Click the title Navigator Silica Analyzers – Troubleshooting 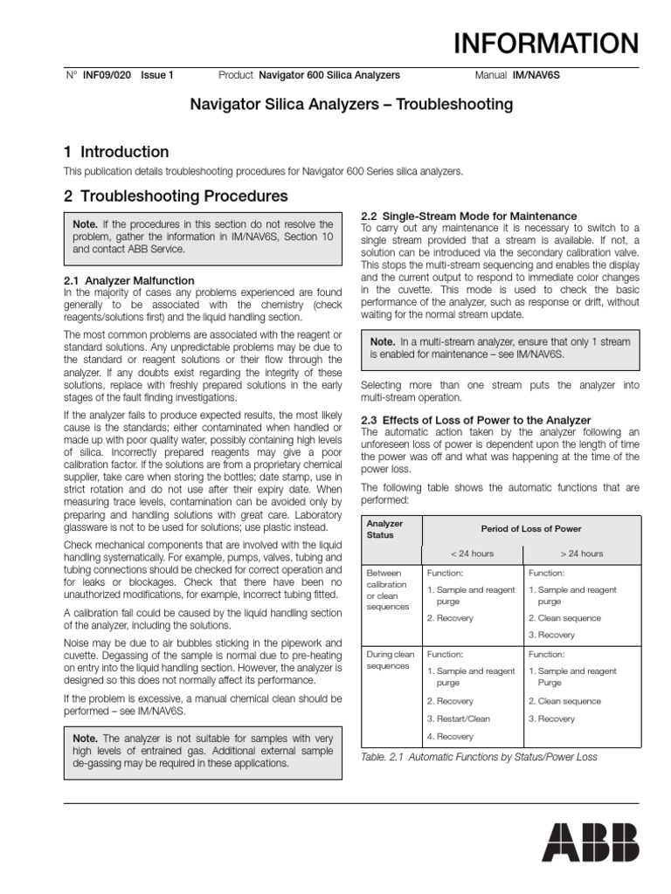tap(352, 105)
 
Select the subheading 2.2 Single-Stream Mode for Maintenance tap(469, 216)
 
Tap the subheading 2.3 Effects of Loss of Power tap(476, 420)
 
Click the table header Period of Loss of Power tap(531, 529)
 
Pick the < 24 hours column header tap(472, 554)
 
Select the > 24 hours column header tap(582, 554)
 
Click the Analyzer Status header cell tap(385, 529)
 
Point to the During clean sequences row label tap(390, 659)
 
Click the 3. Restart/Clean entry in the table tap(459, 719)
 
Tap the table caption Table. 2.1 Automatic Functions tap(479, 757)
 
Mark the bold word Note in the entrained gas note tap(87, 739)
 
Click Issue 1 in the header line tap(157, 76)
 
